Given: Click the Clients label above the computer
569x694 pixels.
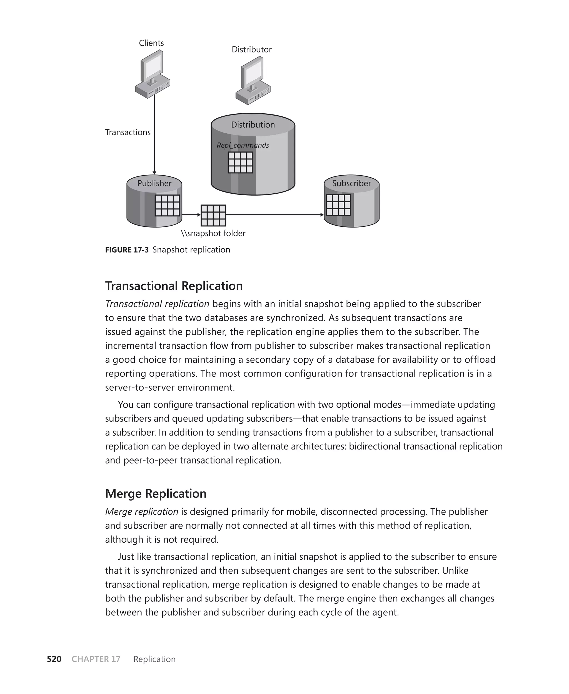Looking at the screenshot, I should [151, 43].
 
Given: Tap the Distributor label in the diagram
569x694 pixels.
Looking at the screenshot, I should [251, 49].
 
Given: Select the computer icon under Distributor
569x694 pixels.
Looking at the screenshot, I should [253, 81].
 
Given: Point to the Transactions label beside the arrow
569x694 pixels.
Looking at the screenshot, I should [128, 132].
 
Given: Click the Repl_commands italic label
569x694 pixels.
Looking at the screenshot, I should [243, 146].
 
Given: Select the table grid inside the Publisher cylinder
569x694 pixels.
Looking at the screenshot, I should [167, 205].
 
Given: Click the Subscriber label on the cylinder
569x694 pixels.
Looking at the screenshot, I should [351, 183].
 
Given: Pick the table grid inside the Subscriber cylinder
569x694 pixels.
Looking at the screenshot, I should [338, 205].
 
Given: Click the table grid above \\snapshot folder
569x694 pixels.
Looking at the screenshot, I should [213, 215].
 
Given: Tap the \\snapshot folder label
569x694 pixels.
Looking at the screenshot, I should [213, 233].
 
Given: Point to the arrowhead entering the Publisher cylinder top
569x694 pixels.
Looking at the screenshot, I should [154, 173].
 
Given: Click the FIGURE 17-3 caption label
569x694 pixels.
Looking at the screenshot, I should [127, 250].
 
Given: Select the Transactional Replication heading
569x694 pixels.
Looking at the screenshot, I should [174, 286].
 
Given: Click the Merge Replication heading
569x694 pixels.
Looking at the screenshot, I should [156, 493].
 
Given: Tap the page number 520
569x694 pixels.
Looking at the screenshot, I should [54, 659].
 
